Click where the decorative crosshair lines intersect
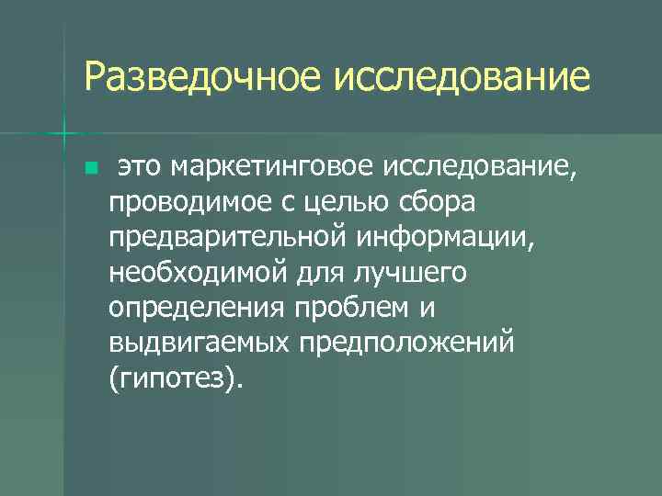(64, 135)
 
